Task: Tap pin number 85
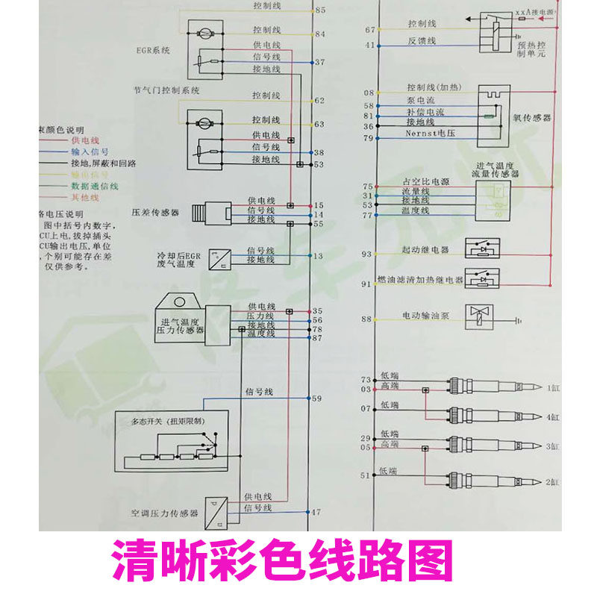320,10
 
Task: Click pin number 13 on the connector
319,256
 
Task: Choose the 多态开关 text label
167,421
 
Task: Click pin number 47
316,512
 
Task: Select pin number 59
316,399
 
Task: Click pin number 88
366,319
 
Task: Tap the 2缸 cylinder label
552,483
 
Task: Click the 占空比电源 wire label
428,182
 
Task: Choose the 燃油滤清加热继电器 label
421,281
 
